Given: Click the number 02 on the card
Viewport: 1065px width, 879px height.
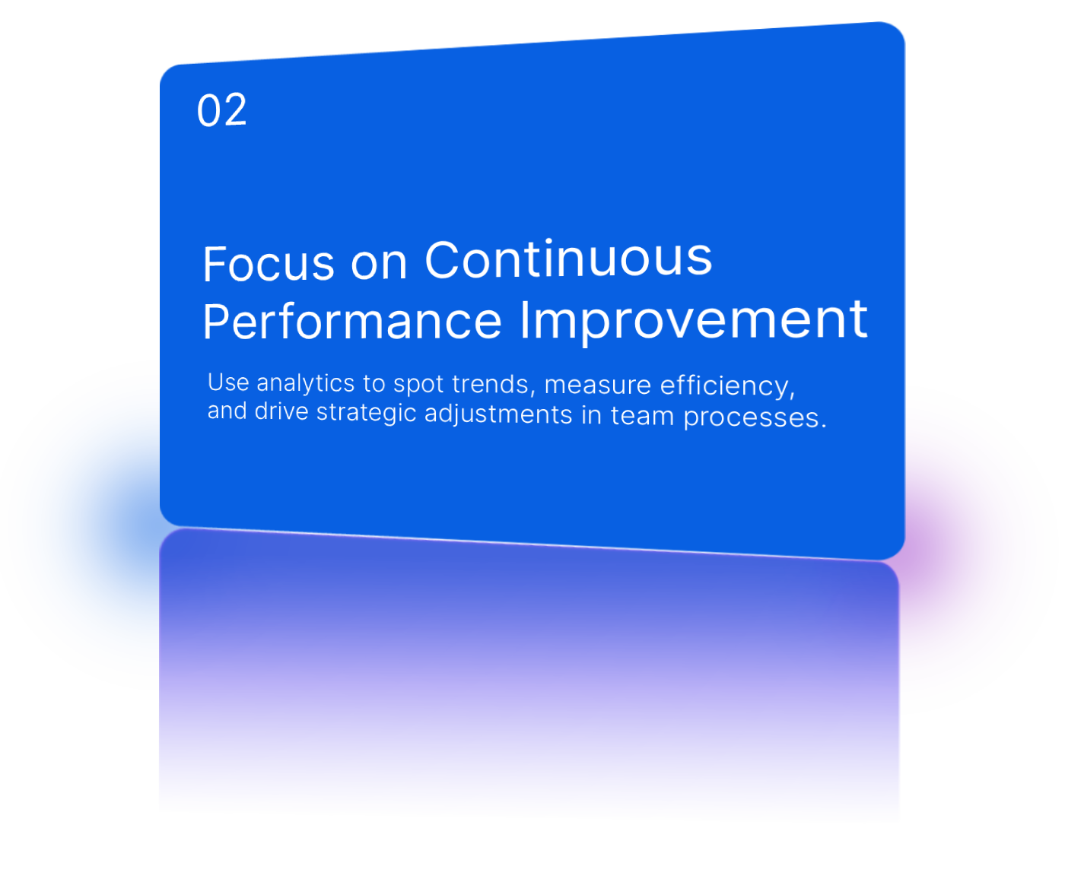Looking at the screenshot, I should coord(221,111).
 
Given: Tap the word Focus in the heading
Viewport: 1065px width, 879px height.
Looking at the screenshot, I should coord(268,264).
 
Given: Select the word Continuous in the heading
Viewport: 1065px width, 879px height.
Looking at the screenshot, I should coord(567,259).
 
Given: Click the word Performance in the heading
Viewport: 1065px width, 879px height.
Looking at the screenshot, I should coord(351,321).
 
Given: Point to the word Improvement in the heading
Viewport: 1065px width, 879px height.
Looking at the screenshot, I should coord(693,319).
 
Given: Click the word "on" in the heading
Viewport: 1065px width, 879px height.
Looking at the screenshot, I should coord(378,263).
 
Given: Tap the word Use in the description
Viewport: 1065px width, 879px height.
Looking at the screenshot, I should coord(227,382).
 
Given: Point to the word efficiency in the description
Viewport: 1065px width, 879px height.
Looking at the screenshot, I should coord(726,386).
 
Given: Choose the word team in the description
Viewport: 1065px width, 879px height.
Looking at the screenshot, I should coord(641,416).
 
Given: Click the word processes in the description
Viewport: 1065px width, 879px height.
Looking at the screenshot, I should coord(753,417).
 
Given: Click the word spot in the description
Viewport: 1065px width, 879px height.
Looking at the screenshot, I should coord(418,384).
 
